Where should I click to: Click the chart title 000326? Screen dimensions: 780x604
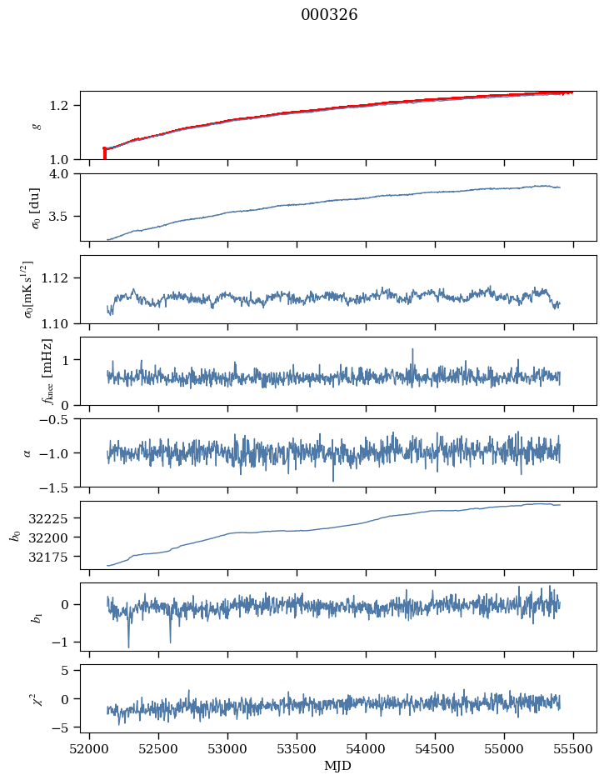click(329, 15)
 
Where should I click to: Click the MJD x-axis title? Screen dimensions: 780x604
click(338, 765)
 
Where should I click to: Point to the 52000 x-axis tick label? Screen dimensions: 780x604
click(90, 748)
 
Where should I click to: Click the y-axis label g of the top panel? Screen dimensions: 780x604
click(35, 125)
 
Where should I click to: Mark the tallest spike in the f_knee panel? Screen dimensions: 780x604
click(412, 351)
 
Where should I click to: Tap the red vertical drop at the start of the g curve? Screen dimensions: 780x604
click(104, 153)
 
